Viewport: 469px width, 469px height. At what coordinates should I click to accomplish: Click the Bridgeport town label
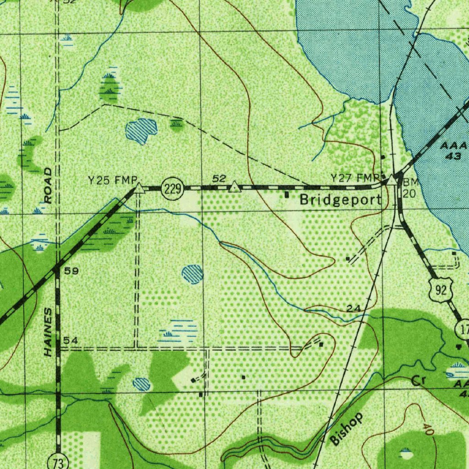[340, 200]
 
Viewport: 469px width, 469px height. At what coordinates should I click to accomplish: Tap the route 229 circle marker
[172, 188]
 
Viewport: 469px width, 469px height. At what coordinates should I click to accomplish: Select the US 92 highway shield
[441, 290]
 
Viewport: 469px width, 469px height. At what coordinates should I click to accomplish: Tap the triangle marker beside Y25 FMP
[139, 188]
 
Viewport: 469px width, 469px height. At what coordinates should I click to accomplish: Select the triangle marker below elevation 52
[234, 186]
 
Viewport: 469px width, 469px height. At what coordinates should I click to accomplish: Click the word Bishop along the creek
[347, 429]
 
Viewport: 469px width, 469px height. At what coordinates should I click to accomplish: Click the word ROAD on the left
[49, 185]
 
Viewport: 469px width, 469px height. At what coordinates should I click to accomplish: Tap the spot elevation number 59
[71, 271]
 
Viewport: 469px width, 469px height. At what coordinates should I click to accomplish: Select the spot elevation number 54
[71, 340]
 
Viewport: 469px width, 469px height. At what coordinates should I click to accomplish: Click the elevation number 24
[353, 309]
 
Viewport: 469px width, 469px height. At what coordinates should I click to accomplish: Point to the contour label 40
[428, 429]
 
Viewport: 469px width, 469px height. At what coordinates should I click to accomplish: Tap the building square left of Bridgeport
[287, 195]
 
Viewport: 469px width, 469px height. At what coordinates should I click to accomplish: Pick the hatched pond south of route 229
[192, 274]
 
